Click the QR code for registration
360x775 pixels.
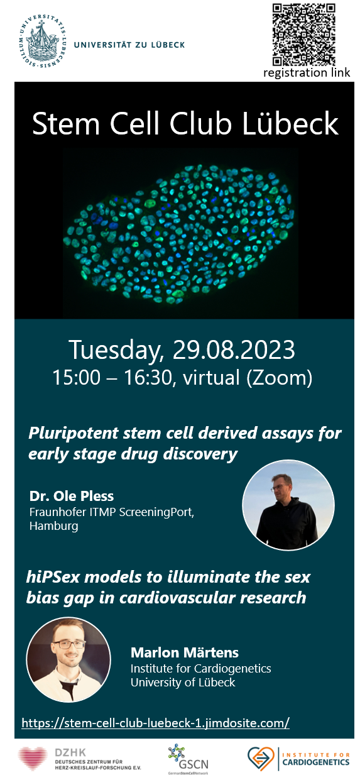click(303, 34)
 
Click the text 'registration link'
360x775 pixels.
click(307, 73)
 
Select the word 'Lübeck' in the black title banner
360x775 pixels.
click(290, 124)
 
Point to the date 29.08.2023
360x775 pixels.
click(233, 349)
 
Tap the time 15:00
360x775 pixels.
click(76, 377)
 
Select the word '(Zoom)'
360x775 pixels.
click(279, 378)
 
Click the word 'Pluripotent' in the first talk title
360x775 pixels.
click(74, 434)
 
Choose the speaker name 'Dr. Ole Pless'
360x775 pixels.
click(72, 496)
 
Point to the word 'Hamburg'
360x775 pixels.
click(53, 526)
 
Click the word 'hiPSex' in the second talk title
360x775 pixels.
click(53, 577)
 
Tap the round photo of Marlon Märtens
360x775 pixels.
click(68, 660)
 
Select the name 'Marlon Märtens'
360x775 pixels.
click(185, 652)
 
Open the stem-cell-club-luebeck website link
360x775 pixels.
click(155, 722)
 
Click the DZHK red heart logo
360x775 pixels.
click(33, 758)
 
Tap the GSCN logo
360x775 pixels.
click(188, 759)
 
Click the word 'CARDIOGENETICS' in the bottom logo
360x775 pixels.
click(316, 762)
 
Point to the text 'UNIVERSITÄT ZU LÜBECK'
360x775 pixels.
click(129, 45)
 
